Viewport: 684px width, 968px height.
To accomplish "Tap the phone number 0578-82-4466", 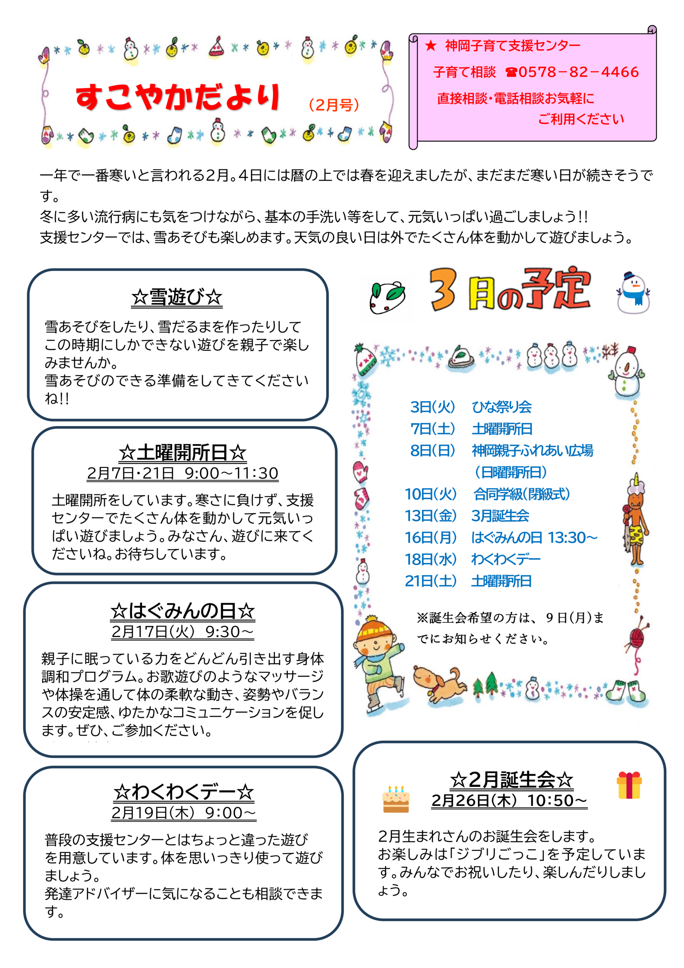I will coord(579,72).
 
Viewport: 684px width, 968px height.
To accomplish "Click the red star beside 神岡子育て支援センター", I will coord(431,45).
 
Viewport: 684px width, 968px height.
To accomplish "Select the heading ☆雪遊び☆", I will coord(177,297).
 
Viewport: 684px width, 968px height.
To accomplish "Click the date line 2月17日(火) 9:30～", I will coord(183,631).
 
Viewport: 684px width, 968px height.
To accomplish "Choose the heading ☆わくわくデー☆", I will coord(183,792).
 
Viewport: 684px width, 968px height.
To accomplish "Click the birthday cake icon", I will coord(396,799).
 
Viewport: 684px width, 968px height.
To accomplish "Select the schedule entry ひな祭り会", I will coord(501,407).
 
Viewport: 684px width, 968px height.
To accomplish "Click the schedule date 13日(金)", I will coord(431,516).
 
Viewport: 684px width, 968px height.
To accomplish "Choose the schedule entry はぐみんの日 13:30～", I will coord(534,538).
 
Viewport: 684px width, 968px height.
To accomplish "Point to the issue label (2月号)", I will coord(334,105).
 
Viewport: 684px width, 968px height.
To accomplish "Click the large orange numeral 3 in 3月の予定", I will coord(443,290).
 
